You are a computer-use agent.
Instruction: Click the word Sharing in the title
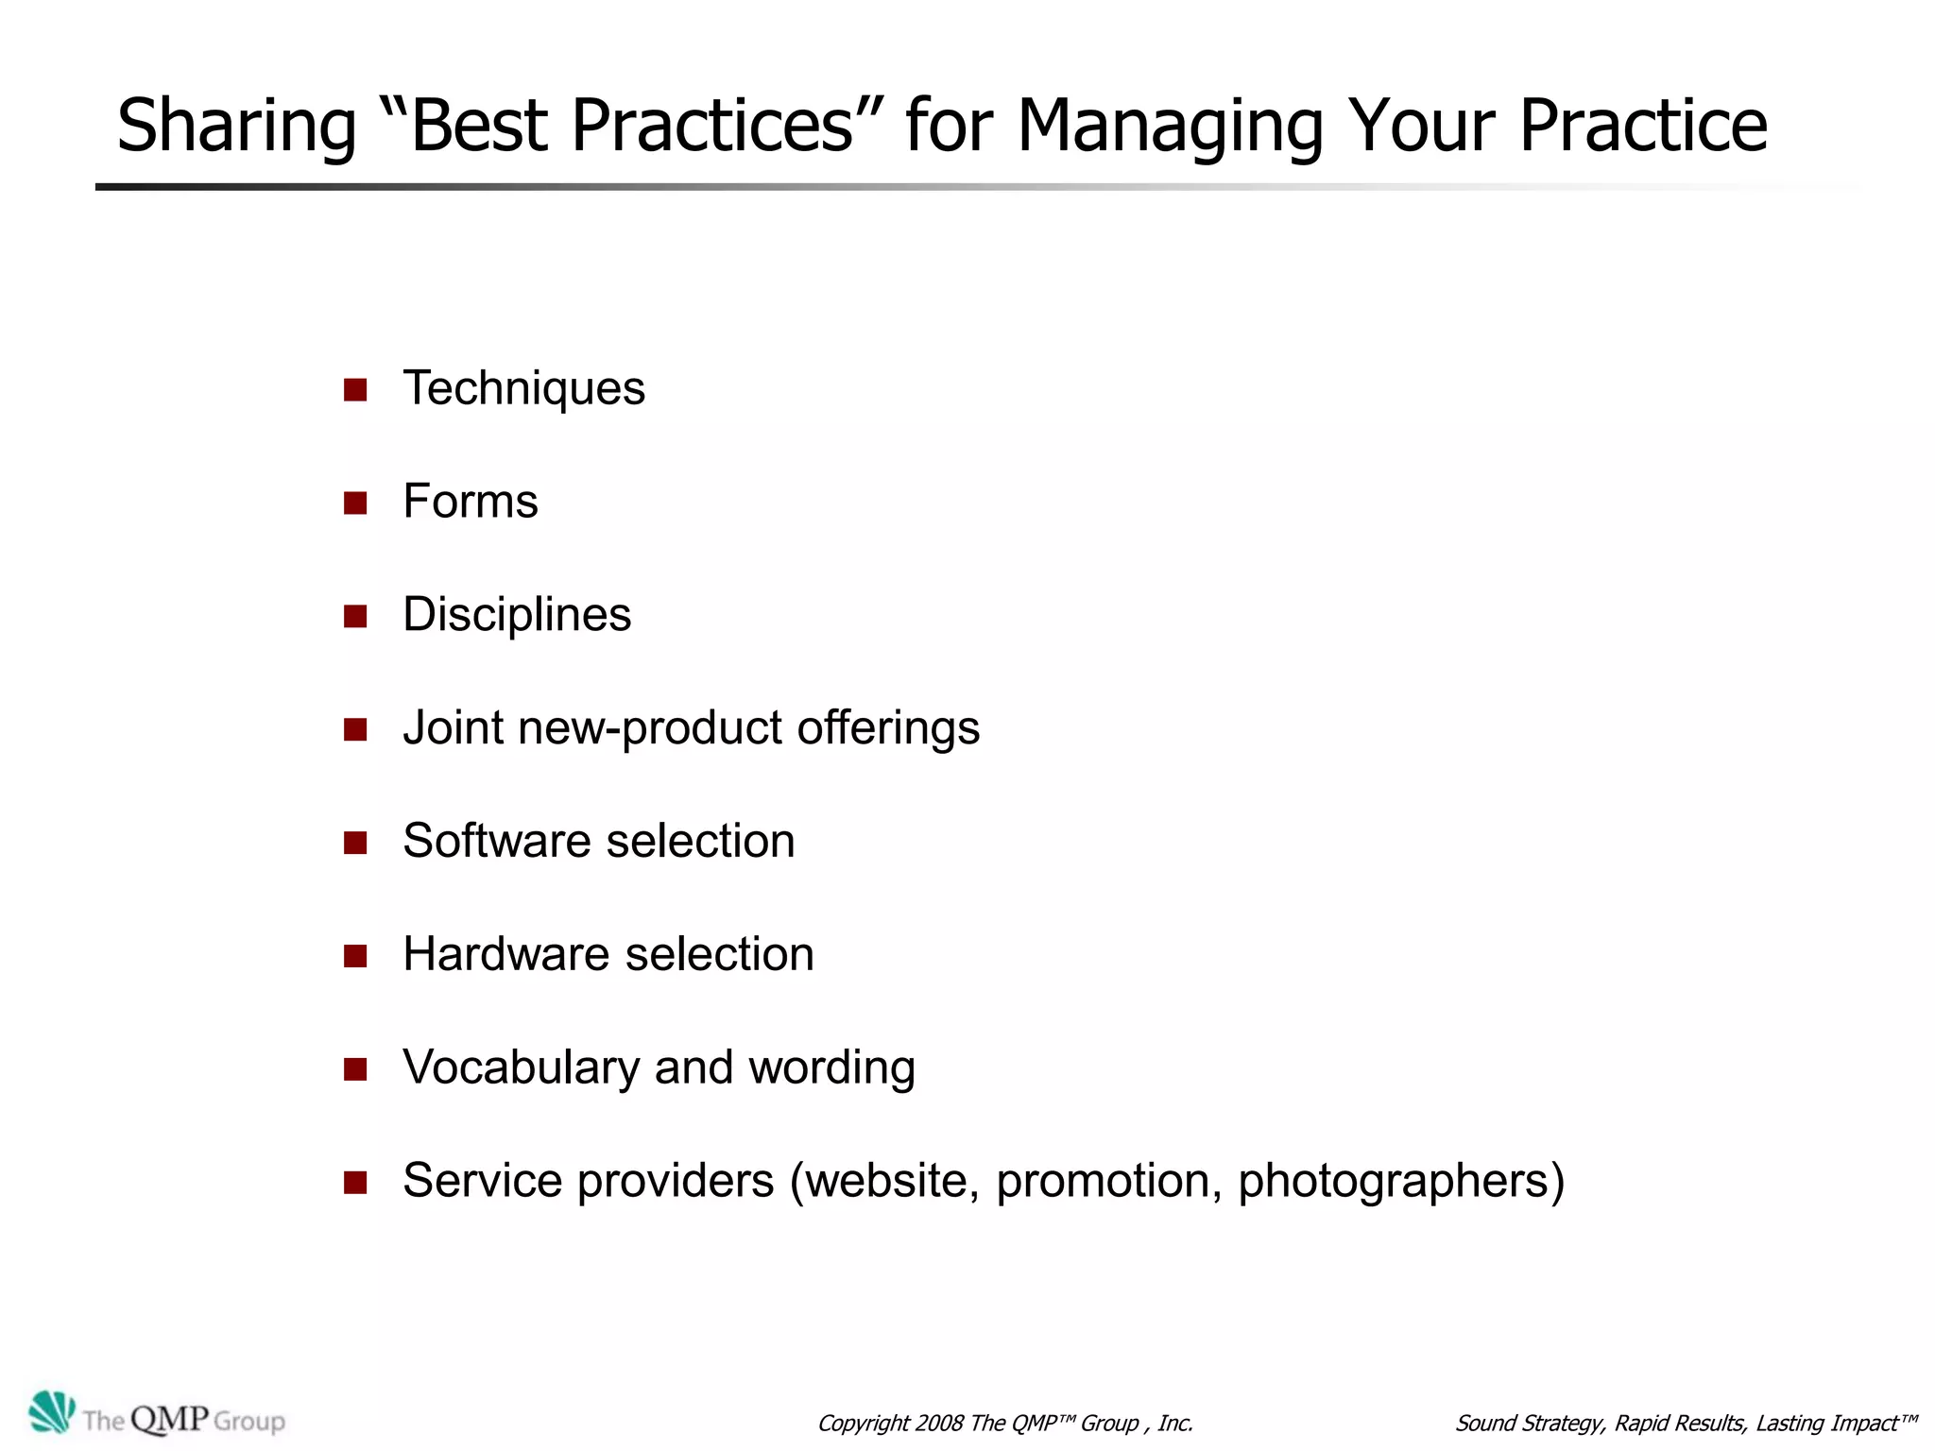pyautogui.click(x=236, y=128)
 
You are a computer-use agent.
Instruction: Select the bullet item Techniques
pyautogui.click(x=523, y=388)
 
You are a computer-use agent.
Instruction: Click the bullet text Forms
pyautogui.click(x=470, y=502)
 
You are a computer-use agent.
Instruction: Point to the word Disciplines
pyautogui.click(x=517, y=615)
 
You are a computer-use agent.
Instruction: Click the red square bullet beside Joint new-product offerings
pyautogui.click(x=355, y=729)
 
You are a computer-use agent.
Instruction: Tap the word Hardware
pyautogui.click(x=505, y=954)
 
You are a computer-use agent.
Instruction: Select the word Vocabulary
pyautogui.click(x=521, y=1067)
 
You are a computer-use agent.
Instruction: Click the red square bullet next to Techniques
pyautogui.click(x=355, y=390)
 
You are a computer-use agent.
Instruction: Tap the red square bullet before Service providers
pyautogui.click(x=355, y=1183)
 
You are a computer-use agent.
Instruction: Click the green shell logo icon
pyautogui.click(x=51, y=1412)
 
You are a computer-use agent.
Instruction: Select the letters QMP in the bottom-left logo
pyautogui.click(x=169, y=1418)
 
